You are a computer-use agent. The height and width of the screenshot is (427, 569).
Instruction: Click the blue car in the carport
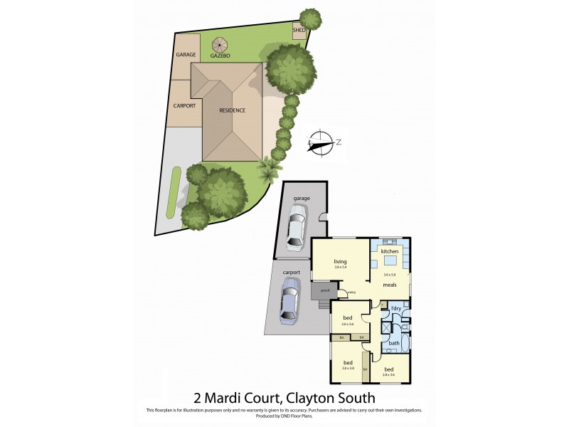click(289, 300)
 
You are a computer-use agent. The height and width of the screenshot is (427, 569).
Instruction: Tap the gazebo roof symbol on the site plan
click(219, 44)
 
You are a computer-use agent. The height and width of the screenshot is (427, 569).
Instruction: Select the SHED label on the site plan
click(299, 31)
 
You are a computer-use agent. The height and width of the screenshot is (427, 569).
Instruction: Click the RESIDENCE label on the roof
click(232, 110)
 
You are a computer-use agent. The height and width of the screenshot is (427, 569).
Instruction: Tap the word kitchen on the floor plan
click(388, 252)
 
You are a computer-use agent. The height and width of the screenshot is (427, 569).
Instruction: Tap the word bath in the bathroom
click(393, 343)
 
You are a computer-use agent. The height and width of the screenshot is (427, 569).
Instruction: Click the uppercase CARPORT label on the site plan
click(184, 106)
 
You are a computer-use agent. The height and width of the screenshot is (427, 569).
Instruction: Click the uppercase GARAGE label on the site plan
click(186, 55)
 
